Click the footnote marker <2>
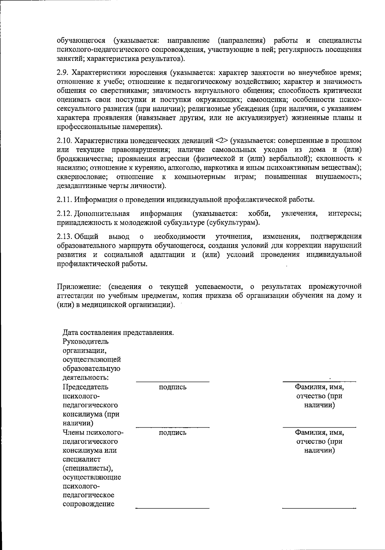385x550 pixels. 222,141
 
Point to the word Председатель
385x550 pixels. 86,387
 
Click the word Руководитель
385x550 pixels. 86,341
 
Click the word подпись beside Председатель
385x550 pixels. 173,387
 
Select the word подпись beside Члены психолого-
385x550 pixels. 173,433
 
